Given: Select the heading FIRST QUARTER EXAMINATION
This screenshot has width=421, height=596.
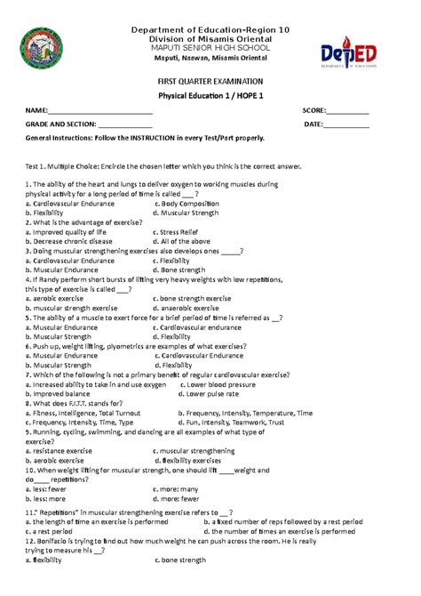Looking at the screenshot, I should pos(210,81).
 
